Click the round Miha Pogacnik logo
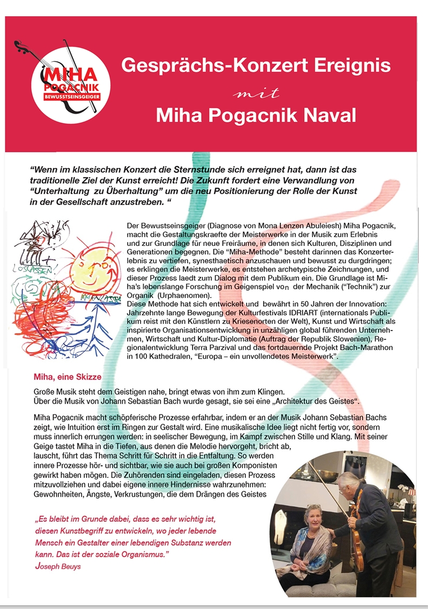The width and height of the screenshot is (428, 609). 72,84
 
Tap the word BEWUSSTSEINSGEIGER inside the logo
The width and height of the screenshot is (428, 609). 72,97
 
